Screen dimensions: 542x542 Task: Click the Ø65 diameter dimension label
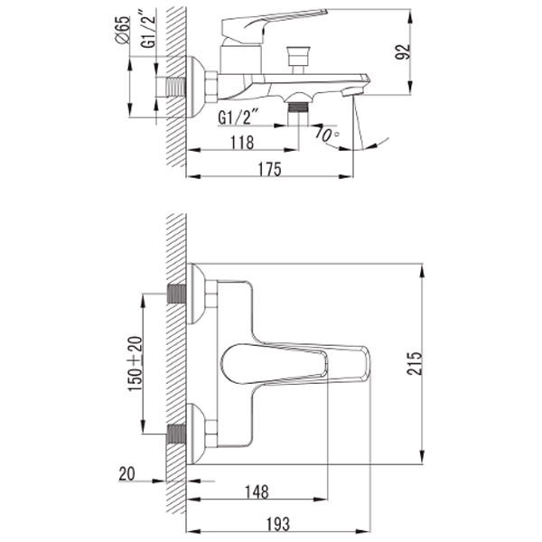pos(123,30)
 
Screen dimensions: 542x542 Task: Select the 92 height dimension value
pos(403,51)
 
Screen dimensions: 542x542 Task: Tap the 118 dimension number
pos(242,142)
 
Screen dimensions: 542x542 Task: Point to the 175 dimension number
pos(270,169)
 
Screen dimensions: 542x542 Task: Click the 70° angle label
pos(327,133)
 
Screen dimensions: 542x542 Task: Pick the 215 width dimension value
pos(415,363)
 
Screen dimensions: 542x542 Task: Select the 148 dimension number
pos(257,491)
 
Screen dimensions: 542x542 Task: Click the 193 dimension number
pos(277,524)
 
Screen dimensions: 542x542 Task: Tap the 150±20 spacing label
pos(135,364)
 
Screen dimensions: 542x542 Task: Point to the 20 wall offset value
pos(126,473)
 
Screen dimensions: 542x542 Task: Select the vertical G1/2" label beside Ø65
pos(149,30)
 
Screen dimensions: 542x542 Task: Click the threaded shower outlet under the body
pos(299,107)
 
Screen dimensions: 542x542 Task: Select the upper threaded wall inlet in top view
pos(176,294)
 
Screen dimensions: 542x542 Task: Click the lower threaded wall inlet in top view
pos(176,434)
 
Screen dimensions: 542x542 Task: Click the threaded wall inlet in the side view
pos(176,87)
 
